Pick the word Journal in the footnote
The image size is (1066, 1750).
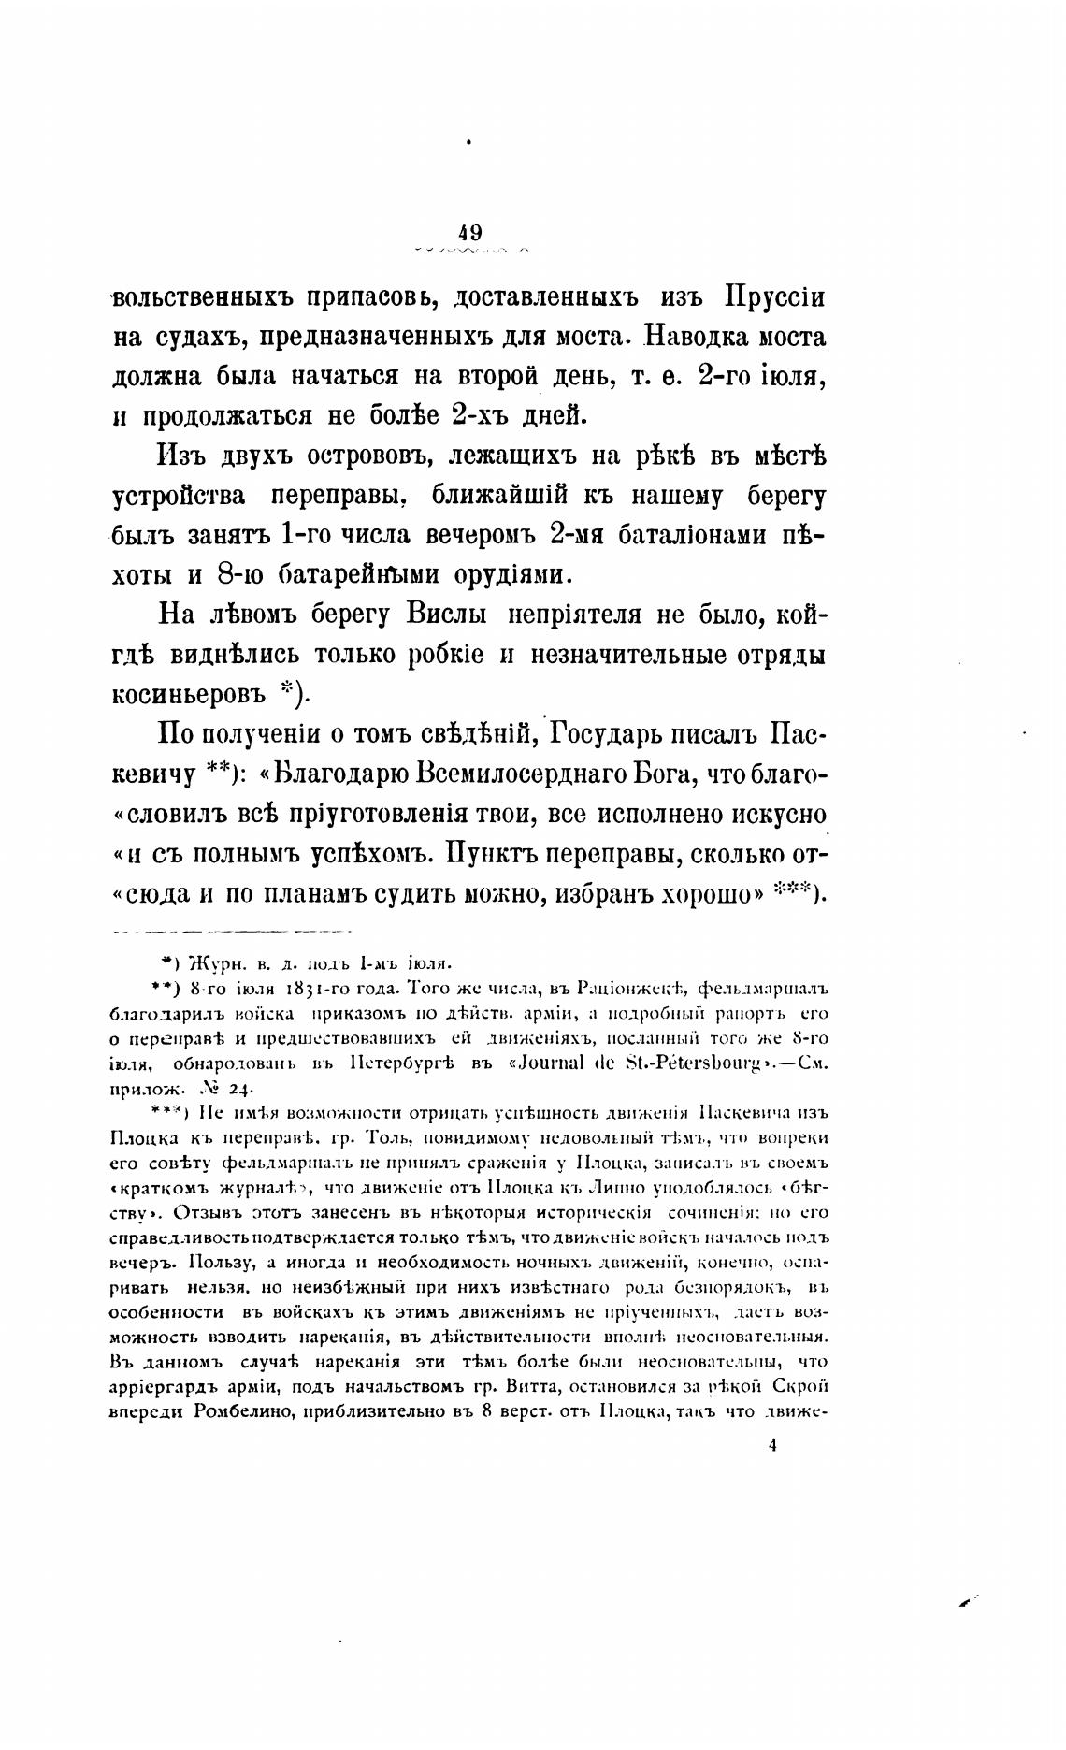coord(587,1063)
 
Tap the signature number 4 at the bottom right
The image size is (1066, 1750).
coord(772,1445)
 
